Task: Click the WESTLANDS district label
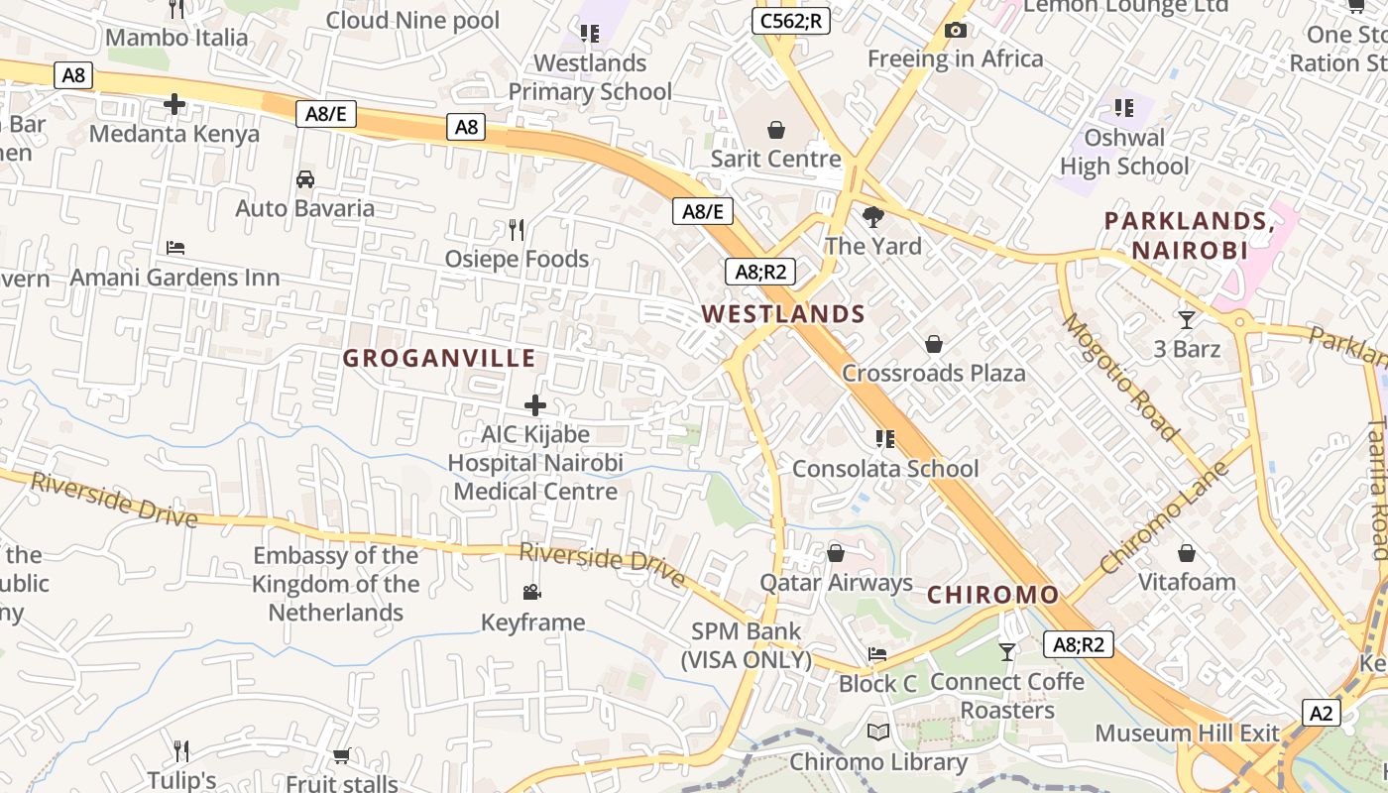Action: [783, 314]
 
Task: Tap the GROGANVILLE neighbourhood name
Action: [439, 358]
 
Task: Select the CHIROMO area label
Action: [993, 595]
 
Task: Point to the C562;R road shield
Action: [790, 20]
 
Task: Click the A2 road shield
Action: [1322, 713]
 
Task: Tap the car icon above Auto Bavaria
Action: [305, 179]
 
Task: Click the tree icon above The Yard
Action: [873, 216]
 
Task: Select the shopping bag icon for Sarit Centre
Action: [776, 130]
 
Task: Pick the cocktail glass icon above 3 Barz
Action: [1186, 319]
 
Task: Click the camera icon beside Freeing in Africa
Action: [956, 31]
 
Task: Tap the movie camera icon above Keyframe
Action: [532, 593]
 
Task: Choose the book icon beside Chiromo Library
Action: [877, 733]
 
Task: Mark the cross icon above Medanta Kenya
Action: [174, 103]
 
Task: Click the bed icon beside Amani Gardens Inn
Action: [175, 247]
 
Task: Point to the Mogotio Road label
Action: [1121, 376]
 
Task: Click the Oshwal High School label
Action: [1124, 152]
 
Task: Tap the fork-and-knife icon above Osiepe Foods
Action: [516, 230]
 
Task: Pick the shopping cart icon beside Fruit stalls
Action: [342, 756]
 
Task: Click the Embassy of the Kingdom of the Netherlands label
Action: [336, 584]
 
